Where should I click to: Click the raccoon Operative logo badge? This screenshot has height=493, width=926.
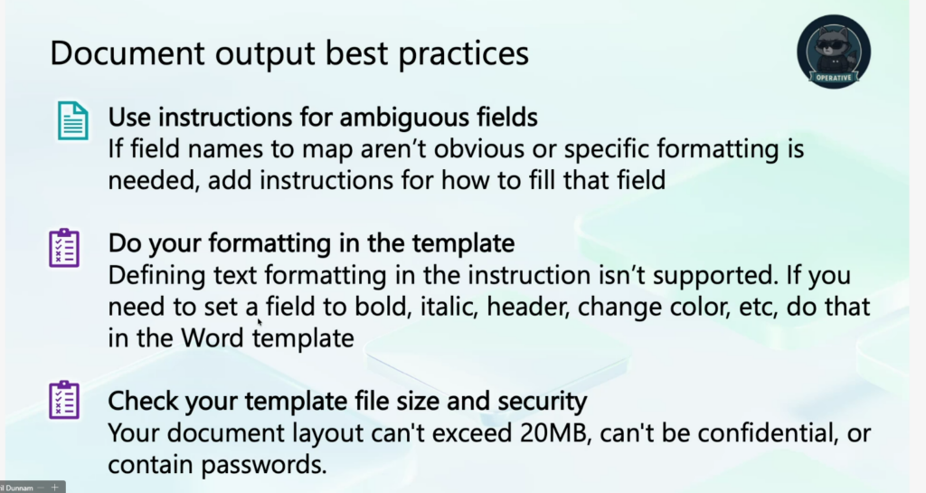833,52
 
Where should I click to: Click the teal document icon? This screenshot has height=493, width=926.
73,120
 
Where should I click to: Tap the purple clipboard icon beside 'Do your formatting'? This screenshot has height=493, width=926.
64,248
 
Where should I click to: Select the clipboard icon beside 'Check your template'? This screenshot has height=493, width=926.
64,400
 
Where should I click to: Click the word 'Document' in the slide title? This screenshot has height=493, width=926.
127,52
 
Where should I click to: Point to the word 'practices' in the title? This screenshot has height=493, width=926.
464,54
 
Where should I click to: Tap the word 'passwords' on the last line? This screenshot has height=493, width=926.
263,465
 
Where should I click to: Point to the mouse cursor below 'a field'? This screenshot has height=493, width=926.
260,322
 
